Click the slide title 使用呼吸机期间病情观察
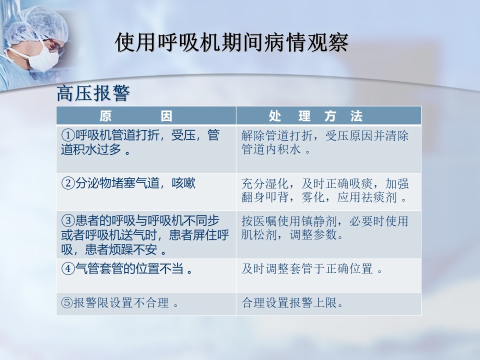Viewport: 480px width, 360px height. click(231, 42)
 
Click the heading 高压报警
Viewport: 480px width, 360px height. click(93, 93)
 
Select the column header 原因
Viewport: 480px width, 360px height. click(136, 116)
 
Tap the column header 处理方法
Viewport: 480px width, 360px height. click(315, 116)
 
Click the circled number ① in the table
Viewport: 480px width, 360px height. click(68, 135)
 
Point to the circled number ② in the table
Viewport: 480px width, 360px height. click(68, 183)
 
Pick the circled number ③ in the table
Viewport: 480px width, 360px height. click(68, 220)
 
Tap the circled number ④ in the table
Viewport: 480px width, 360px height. click(68, 268)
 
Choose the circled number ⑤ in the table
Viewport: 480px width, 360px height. click(67, 303)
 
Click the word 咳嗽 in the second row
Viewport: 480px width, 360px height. click(183, 183)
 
